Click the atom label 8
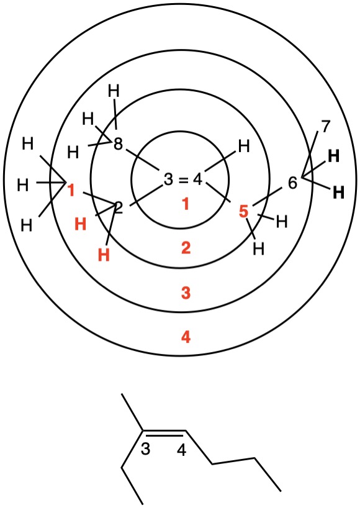click(118, 144)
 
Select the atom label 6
click(292, 183)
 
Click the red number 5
click(243, 212)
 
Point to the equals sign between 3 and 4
click(184, 180)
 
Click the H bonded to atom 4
click(244, 147)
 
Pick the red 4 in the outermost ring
click(186, 337)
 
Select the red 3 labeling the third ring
click(186, 293)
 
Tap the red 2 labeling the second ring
click(186, 248)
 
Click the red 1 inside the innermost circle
click(186, 204)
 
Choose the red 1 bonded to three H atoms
click(71, 191)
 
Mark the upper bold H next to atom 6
click(334, 156)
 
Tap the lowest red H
click(104, 255)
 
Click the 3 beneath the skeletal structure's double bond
click(145, 449)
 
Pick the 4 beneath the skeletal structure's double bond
click(182, 450)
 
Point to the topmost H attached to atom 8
click(114, 91)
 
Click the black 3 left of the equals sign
click(168, 179)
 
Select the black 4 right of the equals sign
click(198, 179)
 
